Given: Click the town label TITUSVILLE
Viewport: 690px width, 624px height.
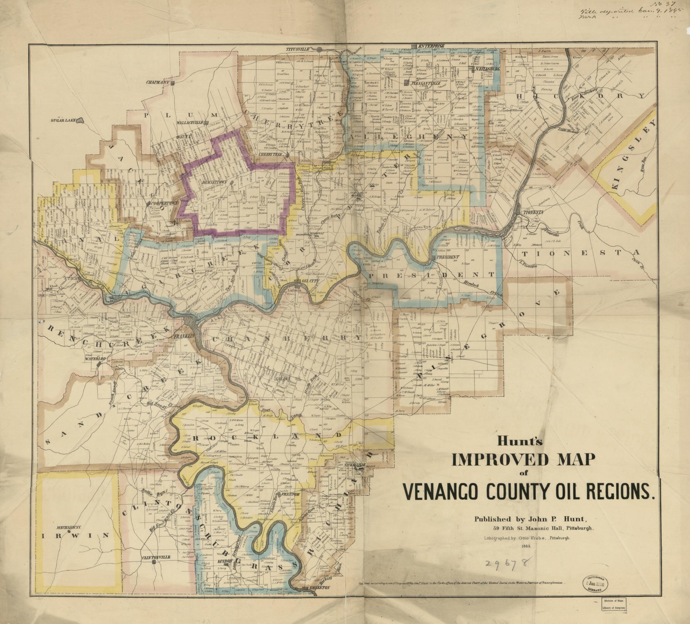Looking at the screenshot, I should [x=298, y=49].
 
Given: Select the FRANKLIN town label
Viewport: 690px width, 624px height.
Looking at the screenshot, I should [x=184, y=336].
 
